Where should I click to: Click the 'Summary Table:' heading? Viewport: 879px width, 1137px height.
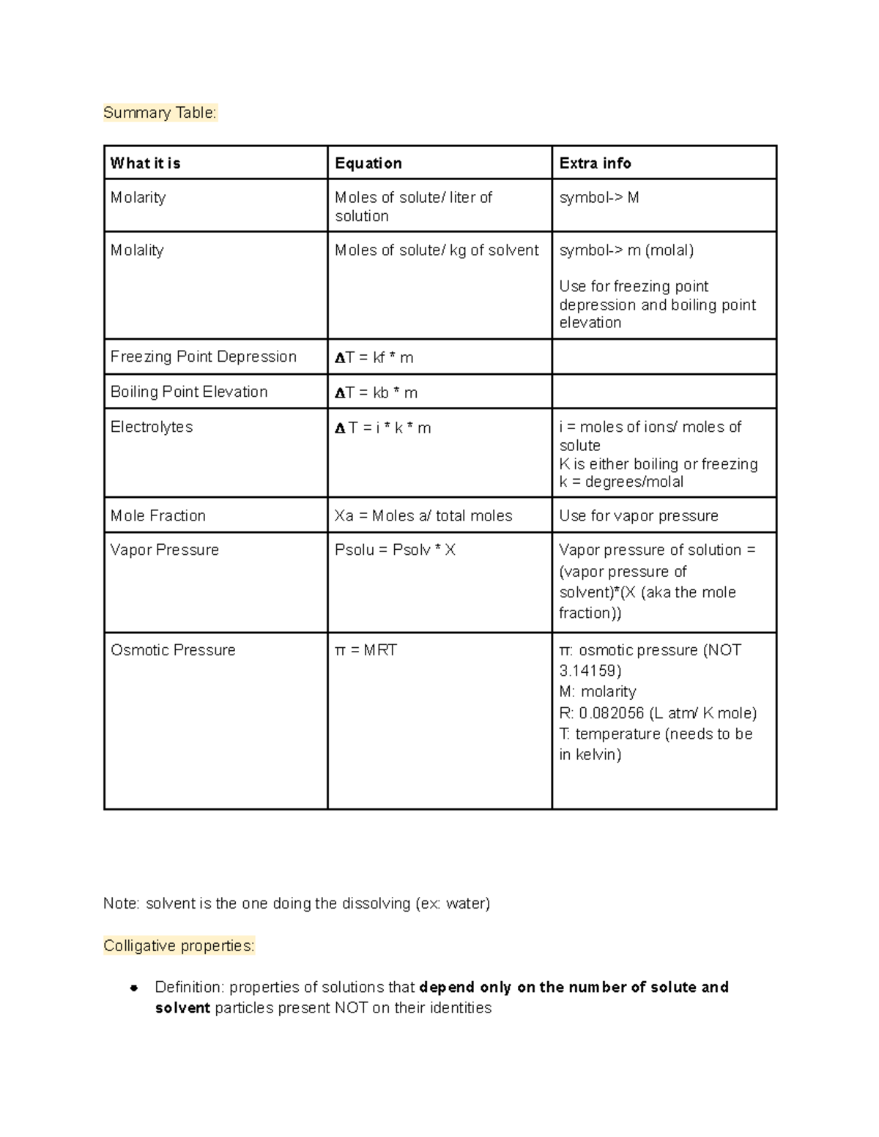(x=160, y=113)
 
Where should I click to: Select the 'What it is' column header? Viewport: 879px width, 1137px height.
(x=145, y=163)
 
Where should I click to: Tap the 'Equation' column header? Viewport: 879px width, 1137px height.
(x=368, y=163)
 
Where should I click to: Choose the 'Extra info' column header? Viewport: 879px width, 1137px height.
(x=595, y=163)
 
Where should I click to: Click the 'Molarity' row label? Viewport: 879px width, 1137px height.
(x=138, y=198)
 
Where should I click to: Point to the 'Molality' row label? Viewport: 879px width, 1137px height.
(x=137, y=250)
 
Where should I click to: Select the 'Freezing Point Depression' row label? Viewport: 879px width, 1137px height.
(x=203, y=357)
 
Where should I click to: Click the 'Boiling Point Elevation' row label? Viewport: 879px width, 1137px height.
(x=189, y=392)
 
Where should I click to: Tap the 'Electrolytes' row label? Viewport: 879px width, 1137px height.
(x=152, y=427)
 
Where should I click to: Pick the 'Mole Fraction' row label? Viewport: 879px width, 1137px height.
(x=157, y=515)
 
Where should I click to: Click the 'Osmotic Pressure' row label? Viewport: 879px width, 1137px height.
(x=173, y=650)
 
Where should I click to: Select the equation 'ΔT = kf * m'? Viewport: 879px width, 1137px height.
(x=374, y=358)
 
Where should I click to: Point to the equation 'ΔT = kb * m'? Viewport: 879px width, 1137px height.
(x=376, y=393)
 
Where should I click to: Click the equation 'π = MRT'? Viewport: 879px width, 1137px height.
(x=366, y=650)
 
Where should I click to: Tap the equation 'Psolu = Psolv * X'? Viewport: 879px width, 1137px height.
(x=395, y=550)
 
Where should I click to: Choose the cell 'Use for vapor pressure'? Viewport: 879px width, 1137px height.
(x=638, y=515)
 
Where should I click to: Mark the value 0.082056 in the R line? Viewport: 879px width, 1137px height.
(x=612, y=713)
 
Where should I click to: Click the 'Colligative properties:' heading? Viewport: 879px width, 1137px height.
(x=179, y=946)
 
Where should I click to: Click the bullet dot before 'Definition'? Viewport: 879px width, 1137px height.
(x=134, y=988)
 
